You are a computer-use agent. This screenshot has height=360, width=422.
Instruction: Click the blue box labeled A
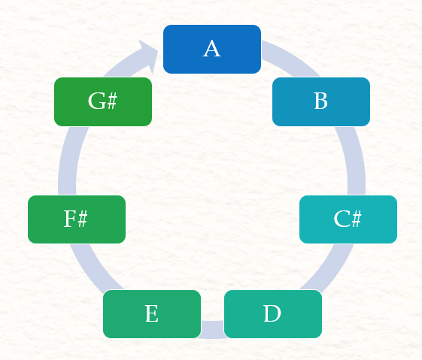pos(212,49)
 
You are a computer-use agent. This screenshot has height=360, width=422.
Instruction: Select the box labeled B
pos(321,101)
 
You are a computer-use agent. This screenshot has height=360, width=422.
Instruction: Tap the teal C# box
pos(348,219)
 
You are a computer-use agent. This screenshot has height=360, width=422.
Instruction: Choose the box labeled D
pos(273,314)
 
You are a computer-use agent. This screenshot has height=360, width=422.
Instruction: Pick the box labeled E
pos(152,314)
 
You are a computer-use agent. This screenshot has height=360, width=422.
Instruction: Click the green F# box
pos(77,219)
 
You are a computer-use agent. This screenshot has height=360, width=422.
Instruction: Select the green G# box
pos(103,101)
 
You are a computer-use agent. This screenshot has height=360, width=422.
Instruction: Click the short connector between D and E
pos(212,329)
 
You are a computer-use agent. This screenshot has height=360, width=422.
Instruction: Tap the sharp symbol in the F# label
pos(82,219)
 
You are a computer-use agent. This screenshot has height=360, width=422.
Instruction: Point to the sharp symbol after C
pos(356,219)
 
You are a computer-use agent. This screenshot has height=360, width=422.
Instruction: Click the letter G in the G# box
pos(96,101)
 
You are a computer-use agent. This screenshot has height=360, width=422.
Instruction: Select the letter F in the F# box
pos(70,219)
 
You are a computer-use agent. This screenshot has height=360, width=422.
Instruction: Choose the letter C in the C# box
pos(342,219)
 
